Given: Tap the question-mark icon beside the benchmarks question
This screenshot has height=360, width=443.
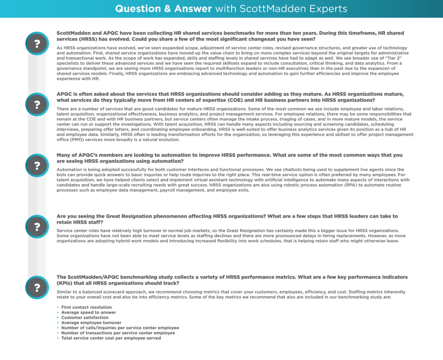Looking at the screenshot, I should [x=37, y=43].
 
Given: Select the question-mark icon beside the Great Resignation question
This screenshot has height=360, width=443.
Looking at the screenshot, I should [x=37, y=226].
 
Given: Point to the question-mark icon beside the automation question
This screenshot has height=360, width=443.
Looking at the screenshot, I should [x=37, y=165].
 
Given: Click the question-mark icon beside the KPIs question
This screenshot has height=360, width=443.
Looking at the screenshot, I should [x=37, y=287].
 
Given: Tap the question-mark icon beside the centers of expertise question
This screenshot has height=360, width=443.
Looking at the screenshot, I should [x=37, y=104].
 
